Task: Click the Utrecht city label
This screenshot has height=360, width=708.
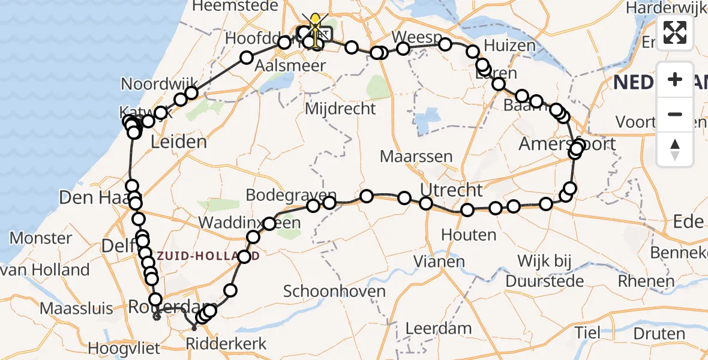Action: coord(451,190)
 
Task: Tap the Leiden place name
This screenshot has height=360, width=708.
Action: coord(178,143)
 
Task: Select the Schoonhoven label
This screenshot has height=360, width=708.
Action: coord(334,292)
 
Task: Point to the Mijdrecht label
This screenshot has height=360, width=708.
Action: coord(340,109)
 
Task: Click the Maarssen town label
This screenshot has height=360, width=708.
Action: coord(416,157)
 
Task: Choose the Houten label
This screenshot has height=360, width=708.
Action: coord(469,234)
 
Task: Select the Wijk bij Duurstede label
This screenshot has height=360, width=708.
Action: coord(542,271)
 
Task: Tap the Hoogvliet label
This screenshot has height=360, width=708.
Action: coord(124,348)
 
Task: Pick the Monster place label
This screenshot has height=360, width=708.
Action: coord(41,238)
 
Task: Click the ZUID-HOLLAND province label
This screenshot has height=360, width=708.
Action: coord(209,256)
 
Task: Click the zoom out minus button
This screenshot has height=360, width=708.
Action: coord(675,114)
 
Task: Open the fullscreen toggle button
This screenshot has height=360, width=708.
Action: coord(675,33)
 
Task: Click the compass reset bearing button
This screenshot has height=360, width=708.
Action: coord(675,149)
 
